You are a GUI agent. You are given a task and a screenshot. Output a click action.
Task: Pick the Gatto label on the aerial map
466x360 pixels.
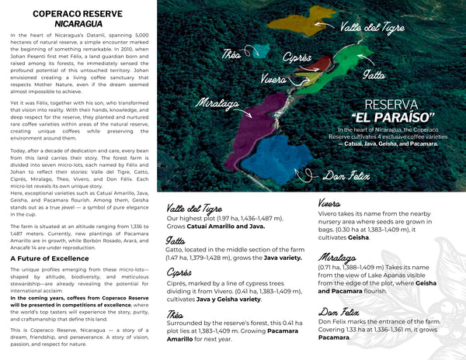point(374,76)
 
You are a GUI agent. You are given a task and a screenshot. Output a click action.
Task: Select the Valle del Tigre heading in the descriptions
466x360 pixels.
point(194,209)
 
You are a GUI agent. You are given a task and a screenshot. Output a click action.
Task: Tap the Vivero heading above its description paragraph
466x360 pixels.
point(332,203)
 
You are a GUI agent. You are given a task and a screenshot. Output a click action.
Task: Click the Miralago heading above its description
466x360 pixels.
point(338,257)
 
